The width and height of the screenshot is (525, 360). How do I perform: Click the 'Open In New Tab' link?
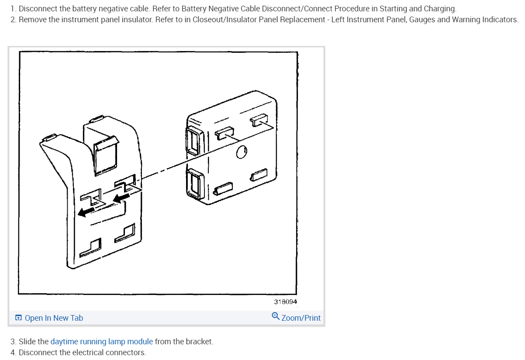pos(54,318)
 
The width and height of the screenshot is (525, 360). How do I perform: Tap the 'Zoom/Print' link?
pos(301,318)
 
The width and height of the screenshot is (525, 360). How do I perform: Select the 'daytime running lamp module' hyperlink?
pos(102,342)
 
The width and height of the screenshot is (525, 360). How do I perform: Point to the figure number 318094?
pos(286,302)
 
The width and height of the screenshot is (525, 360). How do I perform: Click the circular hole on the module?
pos(241,152)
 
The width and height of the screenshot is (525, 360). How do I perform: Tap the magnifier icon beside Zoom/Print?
pos(276,316)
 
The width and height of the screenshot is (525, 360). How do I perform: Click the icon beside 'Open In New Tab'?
pos(18,318)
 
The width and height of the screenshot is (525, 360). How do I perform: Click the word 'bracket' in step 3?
pos(200,342)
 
